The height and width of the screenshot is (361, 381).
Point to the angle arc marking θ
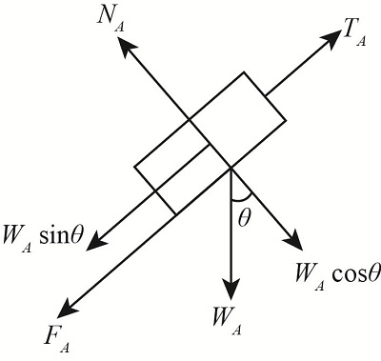236,199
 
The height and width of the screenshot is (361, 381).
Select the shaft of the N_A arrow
157,82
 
